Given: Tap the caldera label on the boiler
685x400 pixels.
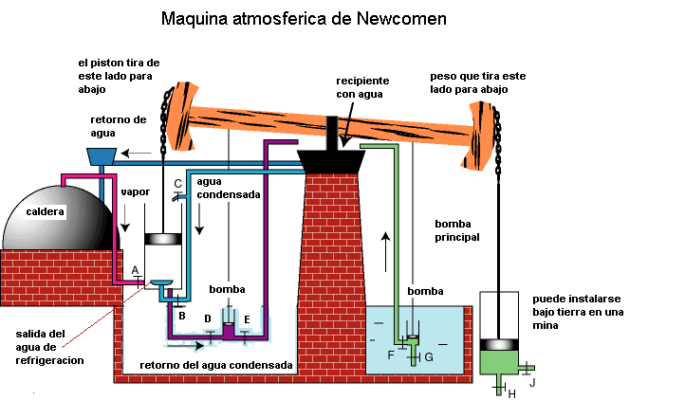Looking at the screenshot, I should click(x=46, y=211).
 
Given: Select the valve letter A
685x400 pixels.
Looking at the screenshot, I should click(x=136, y=269).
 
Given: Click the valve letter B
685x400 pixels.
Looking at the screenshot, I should click(x=181, y=314).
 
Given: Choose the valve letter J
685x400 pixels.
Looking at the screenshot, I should click(x=532, y=382).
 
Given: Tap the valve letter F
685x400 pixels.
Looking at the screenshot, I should click(x=391, y=355).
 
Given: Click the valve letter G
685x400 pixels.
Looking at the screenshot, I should click(x=429, y=356).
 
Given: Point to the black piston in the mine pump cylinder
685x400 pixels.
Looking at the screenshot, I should click(x=502, y=344).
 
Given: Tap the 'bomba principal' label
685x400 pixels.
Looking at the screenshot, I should click(x=457, y=229).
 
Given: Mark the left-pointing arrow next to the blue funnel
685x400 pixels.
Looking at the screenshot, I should click(x=139, y=152).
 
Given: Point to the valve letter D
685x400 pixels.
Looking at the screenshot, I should click(x=208, y=318).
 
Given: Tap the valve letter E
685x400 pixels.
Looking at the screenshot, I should click(x=247, y=318).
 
